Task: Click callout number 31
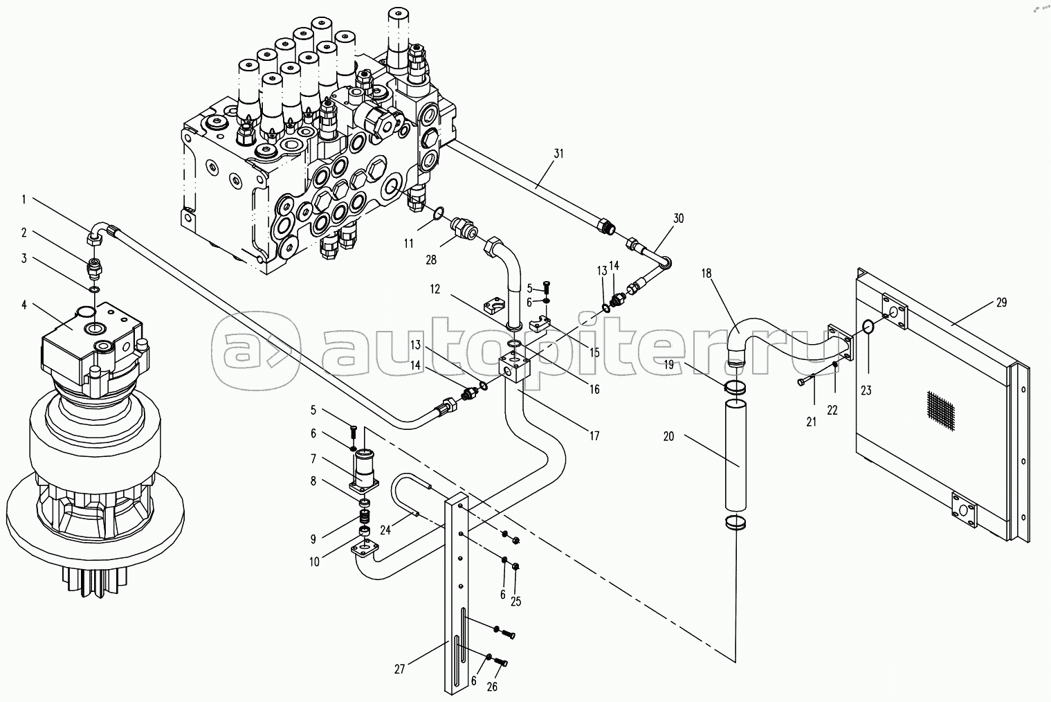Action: click(558, 154)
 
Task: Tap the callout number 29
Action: click(1001, 303)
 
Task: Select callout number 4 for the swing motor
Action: click(24, 305)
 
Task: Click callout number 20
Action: click(668, 437)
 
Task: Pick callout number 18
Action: click(706, 273)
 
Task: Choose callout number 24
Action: click(385, 530)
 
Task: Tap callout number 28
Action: click(431, 260)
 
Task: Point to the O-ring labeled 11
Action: click(437, 213)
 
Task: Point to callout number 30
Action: click(679, 218)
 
